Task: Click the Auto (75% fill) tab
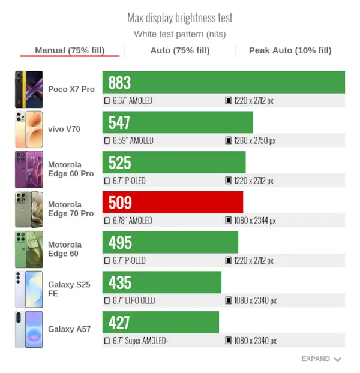point(180,50)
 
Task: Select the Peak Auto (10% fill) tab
point(290,50)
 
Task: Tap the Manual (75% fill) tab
point(70,50)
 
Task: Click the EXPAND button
point(321,359)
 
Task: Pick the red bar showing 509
point(173,202)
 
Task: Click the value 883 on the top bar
point(119,83)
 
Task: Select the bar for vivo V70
point(178,122)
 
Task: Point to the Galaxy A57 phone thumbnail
point(29,329)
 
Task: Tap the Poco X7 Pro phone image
point(29,89)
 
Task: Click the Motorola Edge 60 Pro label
point(71,169)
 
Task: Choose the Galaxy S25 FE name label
point(69,289)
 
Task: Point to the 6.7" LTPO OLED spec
point(134,300)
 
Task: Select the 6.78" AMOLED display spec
point(132,221)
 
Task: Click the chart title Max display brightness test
point(180,18)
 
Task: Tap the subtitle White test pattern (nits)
point(180,34)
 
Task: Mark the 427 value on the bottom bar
point(119,323)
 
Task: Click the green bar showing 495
point(170,242)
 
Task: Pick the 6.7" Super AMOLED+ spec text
point(140,341)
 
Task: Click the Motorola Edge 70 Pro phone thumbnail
point(29,209)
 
